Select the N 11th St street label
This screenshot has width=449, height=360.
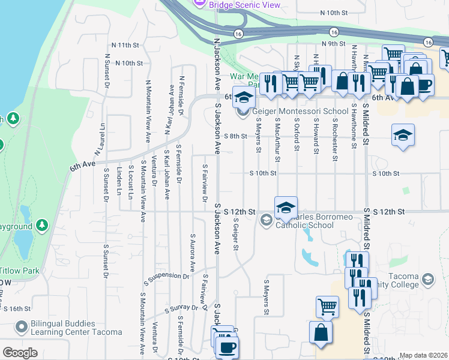125,45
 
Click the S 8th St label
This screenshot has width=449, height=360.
235,136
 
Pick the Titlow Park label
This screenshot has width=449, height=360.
19,271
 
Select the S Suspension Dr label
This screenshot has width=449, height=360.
166,276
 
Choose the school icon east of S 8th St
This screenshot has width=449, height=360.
403,136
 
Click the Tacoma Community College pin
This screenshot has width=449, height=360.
427,280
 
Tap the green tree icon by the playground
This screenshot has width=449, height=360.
41,226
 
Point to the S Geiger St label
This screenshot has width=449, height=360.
236,234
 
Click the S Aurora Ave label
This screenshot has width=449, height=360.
193,253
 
